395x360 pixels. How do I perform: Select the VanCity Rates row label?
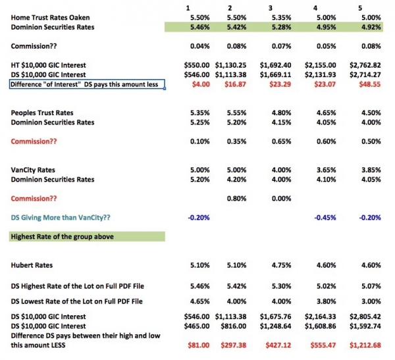click(32, 169)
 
